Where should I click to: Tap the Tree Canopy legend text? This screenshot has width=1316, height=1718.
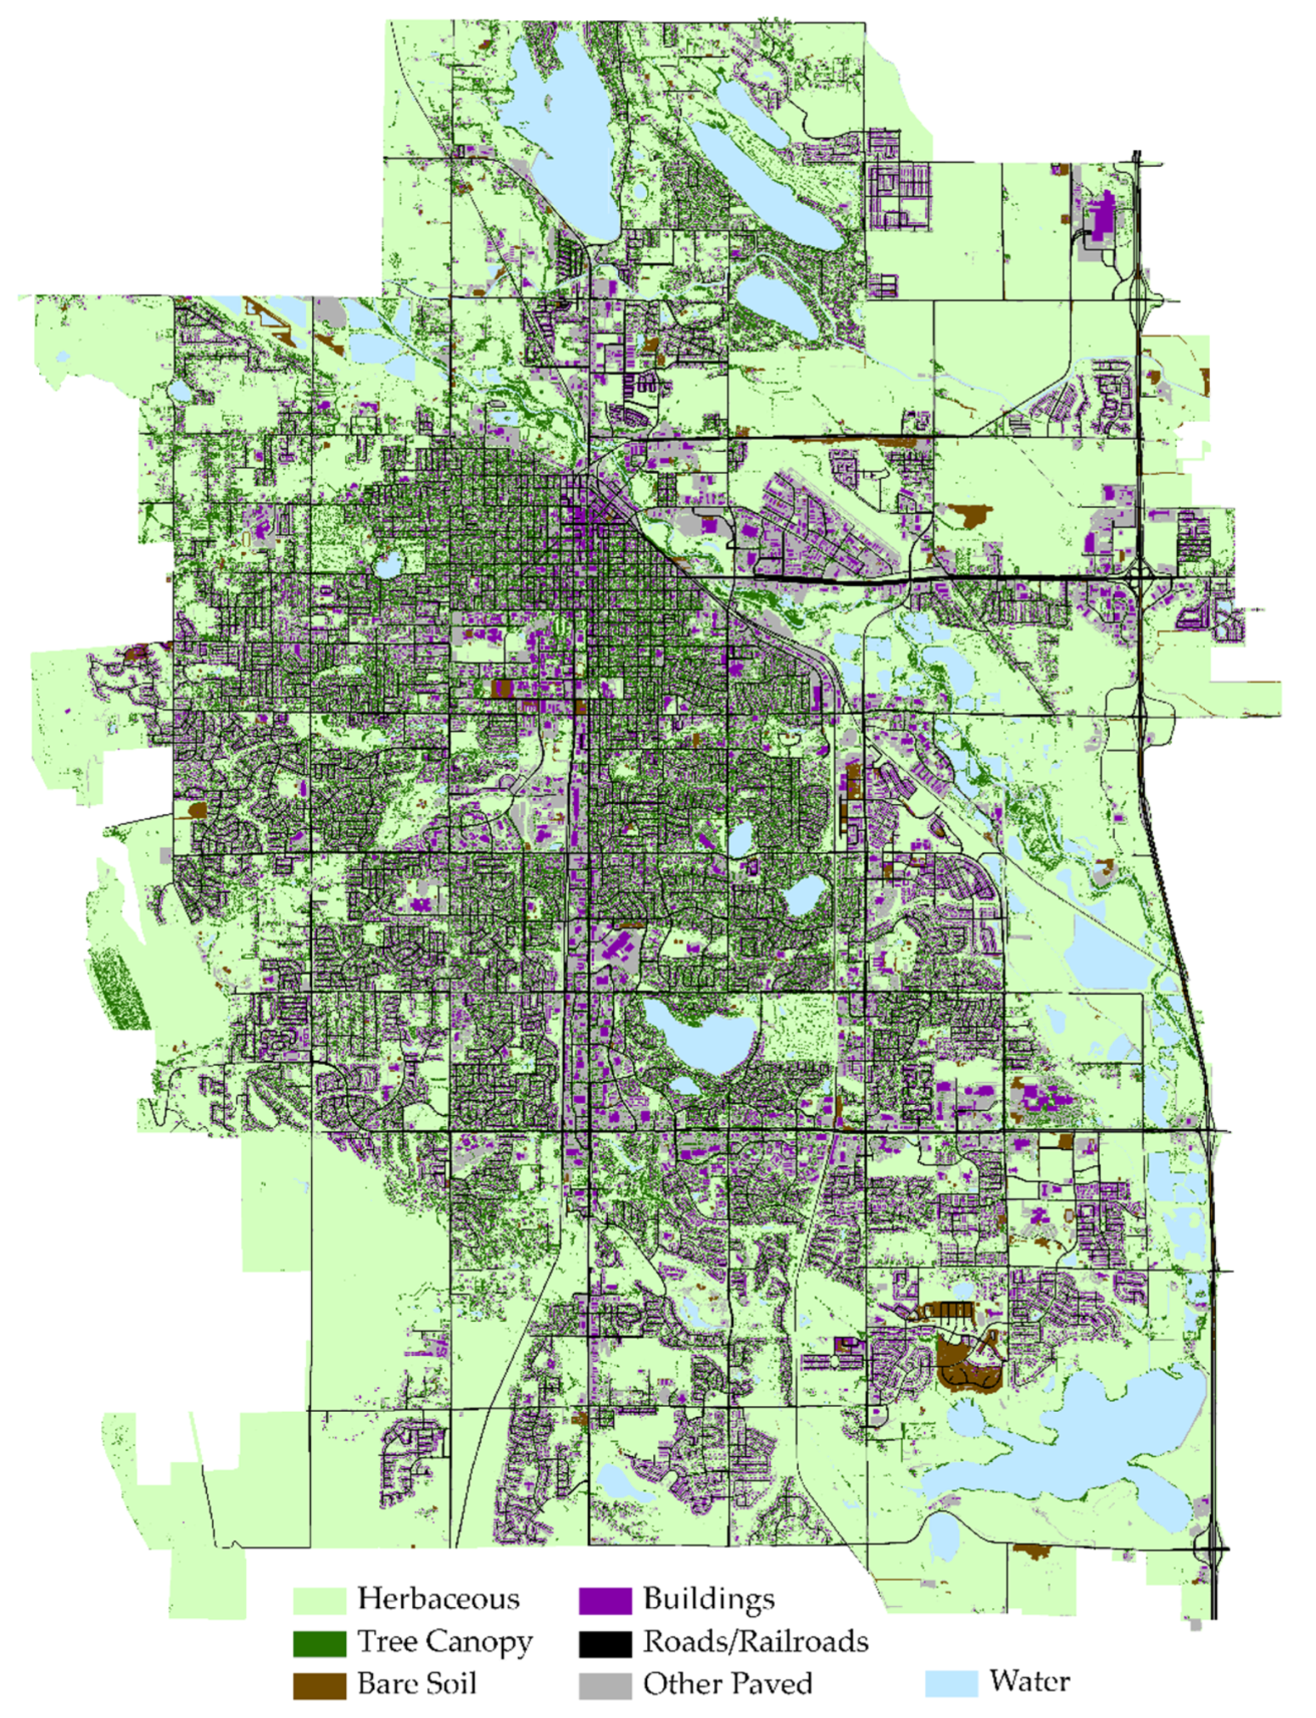point(444,1641)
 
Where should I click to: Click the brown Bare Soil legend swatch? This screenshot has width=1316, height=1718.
point(319,1685)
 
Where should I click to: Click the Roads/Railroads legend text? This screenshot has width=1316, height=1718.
point(755,1641)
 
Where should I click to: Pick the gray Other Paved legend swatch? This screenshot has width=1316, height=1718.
point(605,1685)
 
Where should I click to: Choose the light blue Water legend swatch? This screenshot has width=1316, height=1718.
point(951,1683)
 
